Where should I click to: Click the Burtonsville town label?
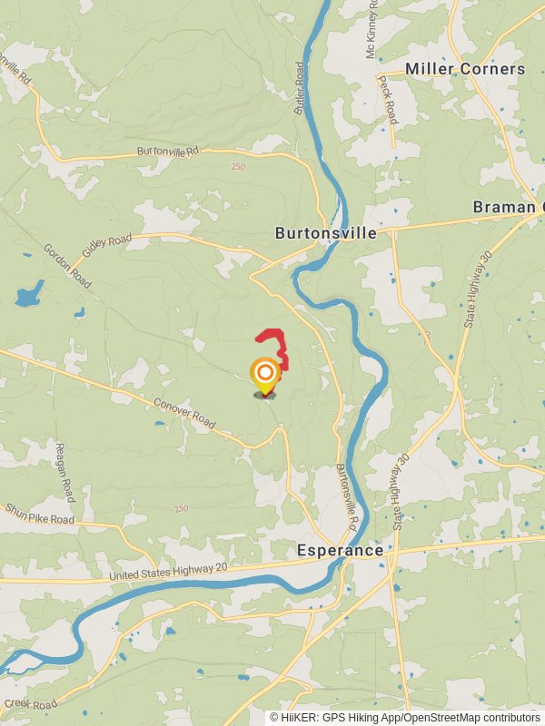(326, 233)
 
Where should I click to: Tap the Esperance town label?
(340, 550)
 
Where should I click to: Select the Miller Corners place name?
(464, 69)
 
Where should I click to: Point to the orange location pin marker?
(264, 375)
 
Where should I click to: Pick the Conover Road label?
(184, 414)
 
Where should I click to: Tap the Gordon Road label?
(67, 266)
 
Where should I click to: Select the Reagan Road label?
(63, 473)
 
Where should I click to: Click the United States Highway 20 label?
(167, 573)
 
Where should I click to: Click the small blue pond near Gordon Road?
(29, 294)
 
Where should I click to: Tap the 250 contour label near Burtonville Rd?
(238, 167)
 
